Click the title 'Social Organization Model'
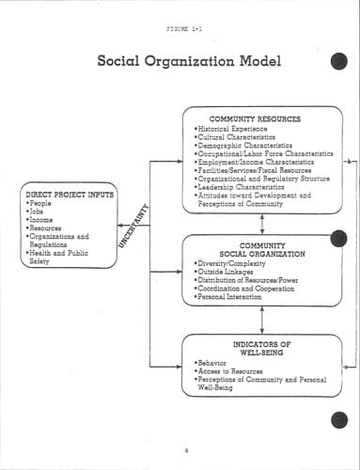(189, 61)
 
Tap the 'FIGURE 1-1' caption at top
(184, 29)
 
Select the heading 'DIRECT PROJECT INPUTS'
(70, 195)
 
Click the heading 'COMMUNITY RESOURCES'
(255, 119)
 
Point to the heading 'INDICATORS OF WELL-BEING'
(261, 349)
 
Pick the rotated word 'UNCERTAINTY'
(133, 226)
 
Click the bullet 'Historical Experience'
(231, 129)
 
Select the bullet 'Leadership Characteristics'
(240, 187)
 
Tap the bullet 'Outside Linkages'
(224, 272)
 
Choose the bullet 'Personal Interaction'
(227, 296)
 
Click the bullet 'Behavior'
(211, 363)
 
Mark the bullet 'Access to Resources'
(228, 371)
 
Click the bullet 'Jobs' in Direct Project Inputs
(35, 211)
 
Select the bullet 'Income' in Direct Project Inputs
(39, 220)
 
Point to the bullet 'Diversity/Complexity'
(230, 263)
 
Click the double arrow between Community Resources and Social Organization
(262, 224)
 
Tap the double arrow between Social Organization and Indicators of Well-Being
(262, 320)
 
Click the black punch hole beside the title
(339, 61)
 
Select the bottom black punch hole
(339, 420)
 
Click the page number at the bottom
(186, 451)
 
